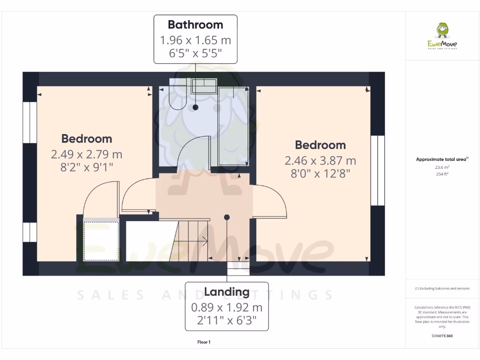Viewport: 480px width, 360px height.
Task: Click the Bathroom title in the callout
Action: tap(195, 24)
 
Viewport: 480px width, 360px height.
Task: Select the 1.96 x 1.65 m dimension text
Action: tap(195, 40)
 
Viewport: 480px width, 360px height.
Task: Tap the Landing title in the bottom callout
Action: tap(226, 292)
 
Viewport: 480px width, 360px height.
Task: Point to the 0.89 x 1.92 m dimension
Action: tap(226, 307)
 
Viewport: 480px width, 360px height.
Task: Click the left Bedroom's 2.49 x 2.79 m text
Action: tap(87, 154)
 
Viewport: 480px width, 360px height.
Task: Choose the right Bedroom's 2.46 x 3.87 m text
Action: tap(320, 161)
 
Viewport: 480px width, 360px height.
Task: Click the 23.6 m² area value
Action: tap(442, 167)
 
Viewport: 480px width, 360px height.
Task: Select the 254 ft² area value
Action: tap(442, 174)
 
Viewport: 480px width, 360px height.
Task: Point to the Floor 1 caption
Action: tap(204, 342)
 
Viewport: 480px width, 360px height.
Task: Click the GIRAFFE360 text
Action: tap(442, 336)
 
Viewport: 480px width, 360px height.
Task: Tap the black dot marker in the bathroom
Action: tap(195, 107)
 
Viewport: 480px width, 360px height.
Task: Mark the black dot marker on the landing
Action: tap(227, 217)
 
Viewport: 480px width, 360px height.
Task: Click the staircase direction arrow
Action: tap(205, 242)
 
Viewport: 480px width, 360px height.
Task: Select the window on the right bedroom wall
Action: tap(377, 171)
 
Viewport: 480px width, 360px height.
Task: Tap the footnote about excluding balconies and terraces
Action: tap(442, 288)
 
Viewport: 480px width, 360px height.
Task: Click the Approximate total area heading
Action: tap(442, 159)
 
